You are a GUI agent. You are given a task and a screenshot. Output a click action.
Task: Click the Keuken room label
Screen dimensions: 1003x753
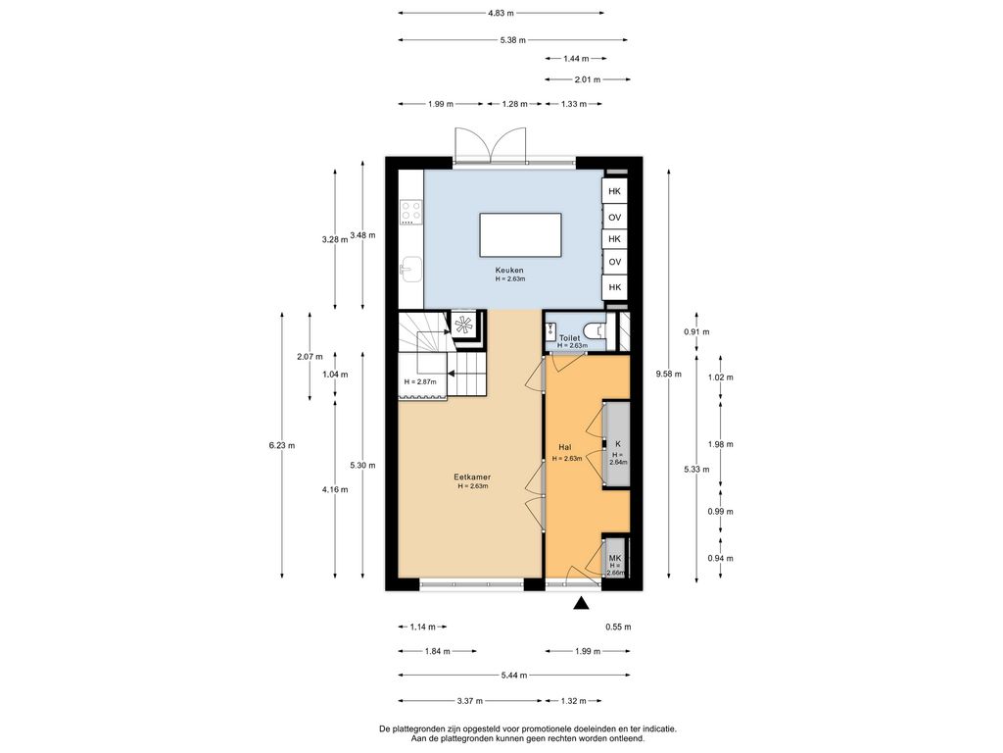click(x=509, y=271)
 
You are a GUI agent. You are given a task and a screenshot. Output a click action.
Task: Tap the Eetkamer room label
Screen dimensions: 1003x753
click(x=472, y=477)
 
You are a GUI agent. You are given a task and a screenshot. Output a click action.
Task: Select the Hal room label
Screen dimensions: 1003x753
click(x=565, y=447)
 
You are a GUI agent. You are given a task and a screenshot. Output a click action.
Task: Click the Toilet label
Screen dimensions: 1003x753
click(x=569, y=337)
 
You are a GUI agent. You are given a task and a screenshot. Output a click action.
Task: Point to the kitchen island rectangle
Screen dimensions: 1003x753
click(x=521, y=235)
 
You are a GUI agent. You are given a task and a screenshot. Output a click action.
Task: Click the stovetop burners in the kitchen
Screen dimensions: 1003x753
click(x=410, y=212)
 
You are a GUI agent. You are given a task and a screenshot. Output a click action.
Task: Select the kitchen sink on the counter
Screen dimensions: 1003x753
click(x=410, y=269)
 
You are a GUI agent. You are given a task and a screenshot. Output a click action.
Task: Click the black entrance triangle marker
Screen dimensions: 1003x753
click(x=581, y=603)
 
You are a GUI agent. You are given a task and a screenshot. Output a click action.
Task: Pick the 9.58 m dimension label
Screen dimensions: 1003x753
click(x=668, y=374)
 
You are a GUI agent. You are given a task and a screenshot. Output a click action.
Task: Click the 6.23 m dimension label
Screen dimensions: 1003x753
click(x=282, y=446)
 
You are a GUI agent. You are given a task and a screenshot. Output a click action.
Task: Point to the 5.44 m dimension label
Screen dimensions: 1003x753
click(x=514, y=675)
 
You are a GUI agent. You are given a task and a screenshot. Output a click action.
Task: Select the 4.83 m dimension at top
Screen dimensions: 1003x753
click(x=501, y=13)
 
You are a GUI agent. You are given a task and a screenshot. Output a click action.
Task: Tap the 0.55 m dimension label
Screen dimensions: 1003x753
click(x=618, y=627)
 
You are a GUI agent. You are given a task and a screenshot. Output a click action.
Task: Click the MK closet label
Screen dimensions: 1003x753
click(x=615, y=558)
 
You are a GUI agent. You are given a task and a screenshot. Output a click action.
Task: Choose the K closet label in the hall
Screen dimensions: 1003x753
click(x=618, y=444)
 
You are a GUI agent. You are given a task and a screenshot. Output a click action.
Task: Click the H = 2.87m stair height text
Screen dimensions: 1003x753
click(x=420, y=381)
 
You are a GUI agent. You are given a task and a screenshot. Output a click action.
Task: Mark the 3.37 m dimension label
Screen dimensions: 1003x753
click(x=470, y=700)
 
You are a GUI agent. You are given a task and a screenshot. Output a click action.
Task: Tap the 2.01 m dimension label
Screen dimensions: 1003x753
click(x=588, y=79)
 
